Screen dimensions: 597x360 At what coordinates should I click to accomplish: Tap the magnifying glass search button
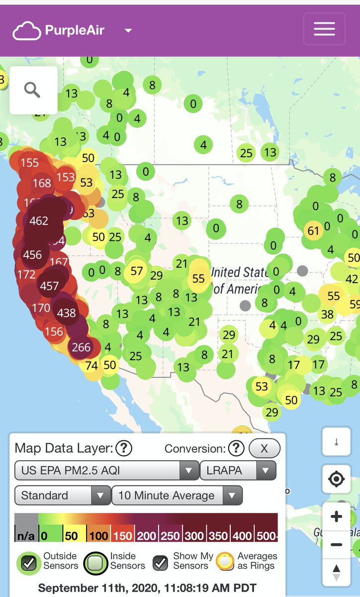(x=33, y=91)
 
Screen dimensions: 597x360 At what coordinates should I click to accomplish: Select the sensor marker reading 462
(x=39, y=220)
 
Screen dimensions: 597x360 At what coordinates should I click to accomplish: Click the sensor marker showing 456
(x=33, y=255)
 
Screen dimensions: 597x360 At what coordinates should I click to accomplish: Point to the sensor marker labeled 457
(x=50, y=286)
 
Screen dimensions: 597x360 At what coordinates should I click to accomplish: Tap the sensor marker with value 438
(x=67, y=313)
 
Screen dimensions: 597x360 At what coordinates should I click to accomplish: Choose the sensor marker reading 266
(x=81, y=347)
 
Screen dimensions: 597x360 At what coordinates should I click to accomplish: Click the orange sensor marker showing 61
(x=313, y=230)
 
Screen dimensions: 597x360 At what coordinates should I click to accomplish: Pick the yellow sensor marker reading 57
(x=137, y=271)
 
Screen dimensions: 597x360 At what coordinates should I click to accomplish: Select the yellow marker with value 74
(x=91, y=366)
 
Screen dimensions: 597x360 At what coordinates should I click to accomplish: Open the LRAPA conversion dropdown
(x=238, y=470)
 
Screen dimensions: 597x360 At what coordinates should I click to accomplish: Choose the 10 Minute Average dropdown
(x=177, y=496)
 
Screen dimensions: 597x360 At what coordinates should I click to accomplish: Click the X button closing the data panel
(x=264, y=449)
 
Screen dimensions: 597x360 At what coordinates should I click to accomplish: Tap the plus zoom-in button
(x=337, y=516)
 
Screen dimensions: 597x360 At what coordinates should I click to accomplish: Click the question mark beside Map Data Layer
(x=123, y=449)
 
